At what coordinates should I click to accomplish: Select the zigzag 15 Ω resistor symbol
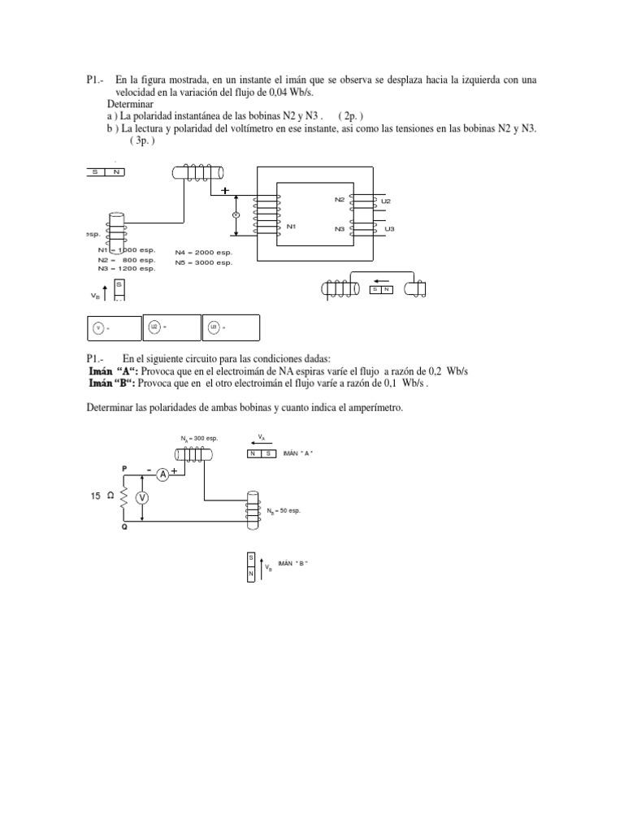click(x=124, y=497)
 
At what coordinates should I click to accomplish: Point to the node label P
click(x=124, y=469)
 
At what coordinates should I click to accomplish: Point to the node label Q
click(x=124, y=527)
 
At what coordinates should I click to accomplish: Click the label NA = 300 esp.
click(x=199, y=439)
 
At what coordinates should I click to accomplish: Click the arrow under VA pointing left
click(x=261, y=444)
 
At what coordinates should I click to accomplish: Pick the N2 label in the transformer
click(x=339, y=199)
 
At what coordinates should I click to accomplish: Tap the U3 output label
click(x=389, y=229)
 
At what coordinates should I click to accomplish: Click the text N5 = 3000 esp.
click(x=204, y=262)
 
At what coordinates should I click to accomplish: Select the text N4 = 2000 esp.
click(x=204, y=253)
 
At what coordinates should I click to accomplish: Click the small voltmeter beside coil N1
click(x=236, y=214)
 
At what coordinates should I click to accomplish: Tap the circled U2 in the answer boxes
click(x=154, y=327)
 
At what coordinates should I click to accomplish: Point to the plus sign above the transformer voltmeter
click(x=224, y=191)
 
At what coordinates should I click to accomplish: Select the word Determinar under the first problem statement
click(x=131, y=105)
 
